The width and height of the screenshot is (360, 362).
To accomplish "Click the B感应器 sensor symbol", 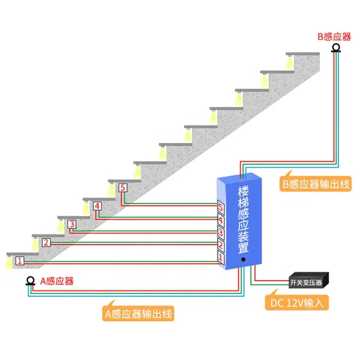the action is tap(336, 48).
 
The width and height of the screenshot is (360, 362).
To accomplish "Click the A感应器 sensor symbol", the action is tap(30, 281).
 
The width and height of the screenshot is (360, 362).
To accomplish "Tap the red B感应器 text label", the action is tap(334, 37).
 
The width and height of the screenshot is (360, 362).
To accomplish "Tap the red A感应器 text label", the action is tap(57, 281).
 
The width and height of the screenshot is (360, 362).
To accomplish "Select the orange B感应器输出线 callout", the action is tap(316, 184).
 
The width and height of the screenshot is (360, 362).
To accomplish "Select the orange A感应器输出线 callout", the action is tap(138, 313).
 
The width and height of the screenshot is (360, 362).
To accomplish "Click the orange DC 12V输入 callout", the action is tap(297, 302).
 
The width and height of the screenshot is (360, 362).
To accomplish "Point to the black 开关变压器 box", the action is tap(309, 280).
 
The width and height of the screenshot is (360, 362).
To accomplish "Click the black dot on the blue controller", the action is tap(243, 260).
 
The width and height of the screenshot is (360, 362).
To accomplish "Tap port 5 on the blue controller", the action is tap(221, 208).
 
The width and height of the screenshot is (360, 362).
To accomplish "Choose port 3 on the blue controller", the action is tap(221, 233).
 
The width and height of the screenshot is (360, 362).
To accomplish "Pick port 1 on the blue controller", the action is tap(221, 258).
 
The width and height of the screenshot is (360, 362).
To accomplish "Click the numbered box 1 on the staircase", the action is tap(19, 261).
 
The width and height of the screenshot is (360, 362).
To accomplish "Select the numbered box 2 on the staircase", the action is tap(46, 242).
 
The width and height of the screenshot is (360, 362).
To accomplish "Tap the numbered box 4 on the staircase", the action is tap(97, 206).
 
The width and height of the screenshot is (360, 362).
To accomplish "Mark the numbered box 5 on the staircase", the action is tap(123, 187).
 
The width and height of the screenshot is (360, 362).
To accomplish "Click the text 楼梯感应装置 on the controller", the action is tap(243, 220).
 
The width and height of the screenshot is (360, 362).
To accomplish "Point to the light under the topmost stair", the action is tap(289, 61).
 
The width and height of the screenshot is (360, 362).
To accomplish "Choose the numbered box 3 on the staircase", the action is tap(72, 224).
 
